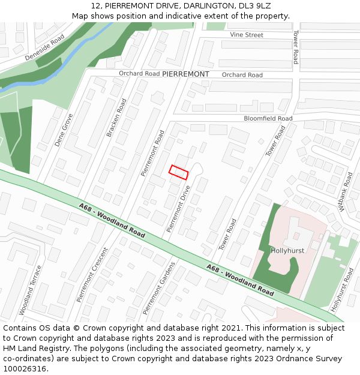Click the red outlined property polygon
(x=179, y=172)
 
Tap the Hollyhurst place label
(x=288, y=250)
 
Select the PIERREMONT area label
(x=185, y=74)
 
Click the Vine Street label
(x=247, y=35)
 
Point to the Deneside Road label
(x=44, y=47)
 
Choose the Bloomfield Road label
(x=268, y=118)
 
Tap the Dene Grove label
(x=64, y=130)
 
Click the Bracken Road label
(x=117, y=118)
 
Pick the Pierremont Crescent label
(x=92, y=275)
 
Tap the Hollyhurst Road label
(x=343, y=290)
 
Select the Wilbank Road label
(x=346, y=191)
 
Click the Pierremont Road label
(x=152, y=153)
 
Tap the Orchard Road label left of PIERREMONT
(x=139, y=74)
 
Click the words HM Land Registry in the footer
(x=29, y=349)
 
